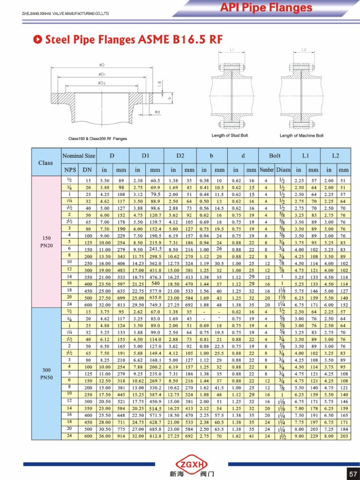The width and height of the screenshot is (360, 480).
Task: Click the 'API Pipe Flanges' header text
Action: tap(266, 7)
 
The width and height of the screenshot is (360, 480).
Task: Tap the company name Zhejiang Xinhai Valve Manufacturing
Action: tap(66, 13)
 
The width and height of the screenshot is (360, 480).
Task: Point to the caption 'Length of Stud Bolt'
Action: tap(230, 135)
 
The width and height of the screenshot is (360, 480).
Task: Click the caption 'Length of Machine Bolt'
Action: tap(301, 135)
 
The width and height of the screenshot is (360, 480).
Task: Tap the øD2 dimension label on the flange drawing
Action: tap(101, 82)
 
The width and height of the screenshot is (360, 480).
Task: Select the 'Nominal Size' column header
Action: tap(78, 156)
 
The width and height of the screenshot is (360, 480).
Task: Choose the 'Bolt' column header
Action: tap(275, 156)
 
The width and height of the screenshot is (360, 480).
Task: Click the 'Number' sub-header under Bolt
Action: tap(266, 170)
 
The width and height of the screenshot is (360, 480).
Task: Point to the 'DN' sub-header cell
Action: tap(87, 170)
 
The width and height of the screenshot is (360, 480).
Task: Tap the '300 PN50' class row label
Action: tap(46, 373)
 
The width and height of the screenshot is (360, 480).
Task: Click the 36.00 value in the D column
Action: tap(105, 436)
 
